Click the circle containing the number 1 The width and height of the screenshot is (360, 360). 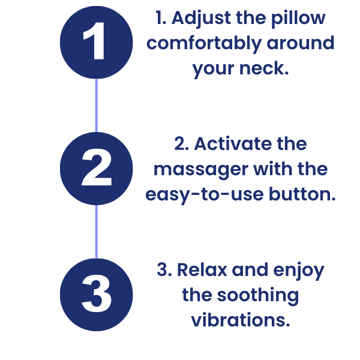click(96, 42)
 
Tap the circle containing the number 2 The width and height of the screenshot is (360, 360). click(96, 169)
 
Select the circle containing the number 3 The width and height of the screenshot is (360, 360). click(96, 295)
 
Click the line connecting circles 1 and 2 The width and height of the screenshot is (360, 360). click(96, 106)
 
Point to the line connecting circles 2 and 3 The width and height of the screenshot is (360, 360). click(96, 232)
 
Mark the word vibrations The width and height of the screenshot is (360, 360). click(241, 321)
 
